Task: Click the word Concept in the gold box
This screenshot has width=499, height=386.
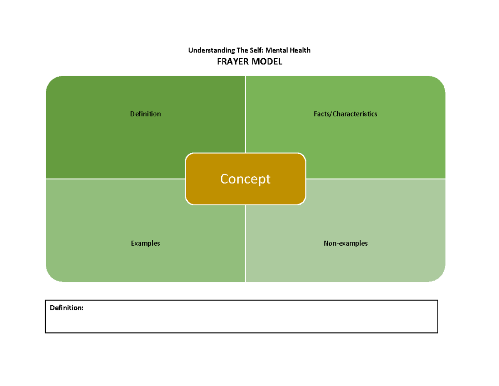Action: [245, 179]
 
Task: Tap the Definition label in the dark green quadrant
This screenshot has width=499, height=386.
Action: [145, 114]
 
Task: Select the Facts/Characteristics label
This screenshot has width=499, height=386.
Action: [345, 114]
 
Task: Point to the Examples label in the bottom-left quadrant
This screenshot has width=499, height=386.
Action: [145, 243]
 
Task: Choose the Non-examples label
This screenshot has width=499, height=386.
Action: [346, 243]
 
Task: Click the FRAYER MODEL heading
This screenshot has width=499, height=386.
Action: [249, 62]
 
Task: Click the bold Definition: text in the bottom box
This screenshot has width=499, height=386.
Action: [67, 308]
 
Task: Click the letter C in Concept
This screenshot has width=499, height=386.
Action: [225, 179]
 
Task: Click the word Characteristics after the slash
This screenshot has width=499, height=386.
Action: [354, 114]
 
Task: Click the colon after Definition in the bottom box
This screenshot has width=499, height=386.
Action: [82, 309]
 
